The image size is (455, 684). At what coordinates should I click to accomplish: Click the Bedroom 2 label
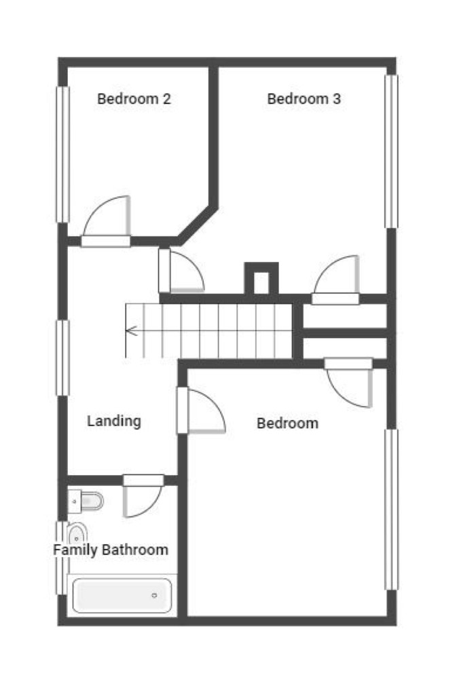(x=134, y=98)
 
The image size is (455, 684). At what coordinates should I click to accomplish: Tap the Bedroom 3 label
(x=304, y=98)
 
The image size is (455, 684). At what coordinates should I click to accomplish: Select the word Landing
(x=114, y=421)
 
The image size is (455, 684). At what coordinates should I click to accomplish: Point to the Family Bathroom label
(x=111, y=550)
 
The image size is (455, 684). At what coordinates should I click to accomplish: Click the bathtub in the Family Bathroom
(x=122, y=596)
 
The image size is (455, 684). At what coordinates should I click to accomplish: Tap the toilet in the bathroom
(x=86, y=501)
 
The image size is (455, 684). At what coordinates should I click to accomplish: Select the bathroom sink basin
(x=77, y=533)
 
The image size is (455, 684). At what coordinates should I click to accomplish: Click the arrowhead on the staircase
(x=131, y=331)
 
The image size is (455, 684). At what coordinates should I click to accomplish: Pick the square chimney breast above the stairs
(x=261, y=278)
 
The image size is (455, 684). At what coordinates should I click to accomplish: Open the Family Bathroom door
(x=143, y=496)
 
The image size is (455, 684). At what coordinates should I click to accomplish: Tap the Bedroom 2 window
(x=63, y=155)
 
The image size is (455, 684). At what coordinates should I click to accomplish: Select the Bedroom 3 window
(x=391, y=151)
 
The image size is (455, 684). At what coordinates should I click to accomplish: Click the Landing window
(x=63, y=358)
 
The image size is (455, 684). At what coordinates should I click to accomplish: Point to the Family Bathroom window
(x=61, y=558)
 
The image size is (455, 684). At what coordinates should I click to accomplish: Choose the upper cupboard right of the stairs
(x=344, y=316)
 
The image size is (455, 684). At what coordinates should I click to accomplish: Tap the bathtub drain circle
(x=154, y=596)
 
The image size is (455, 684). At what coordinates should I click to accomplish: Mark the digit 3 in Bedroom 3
(x=337, y=98)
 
